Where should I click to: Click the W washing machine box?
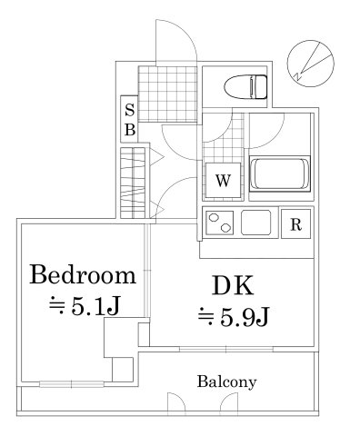tap(222, 180)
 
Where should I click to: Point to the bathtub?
tap(279, 173)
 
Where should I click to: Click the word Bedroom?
tap(84, 275)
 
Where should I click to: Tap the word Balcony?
tap(226, 381)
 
